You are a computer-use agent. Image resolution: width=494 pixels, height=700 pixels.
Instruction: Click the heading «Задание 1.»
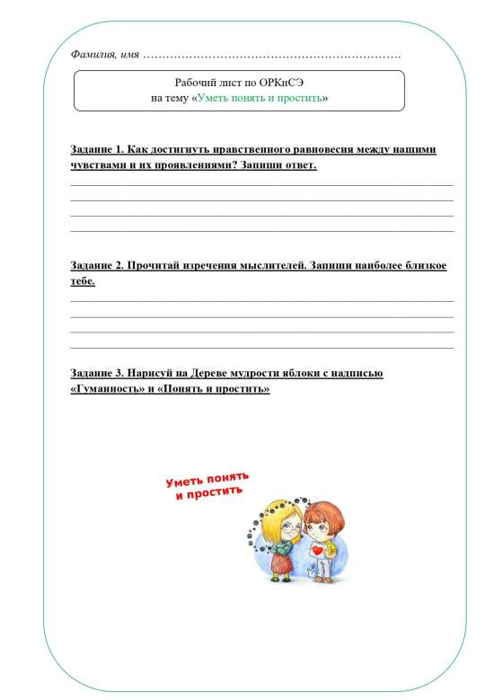(x=96, y=149)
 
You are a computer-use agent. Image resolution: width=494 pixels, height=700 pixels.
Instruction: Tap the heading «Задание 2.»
(x=96, y=266)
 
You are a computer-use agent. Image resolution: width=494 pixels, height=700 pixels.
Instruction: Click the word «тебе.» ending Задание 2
(x=83, y=281)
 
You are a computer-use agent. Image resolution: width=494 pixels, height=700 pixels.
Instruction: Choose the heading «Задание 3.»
(x=96, y=373)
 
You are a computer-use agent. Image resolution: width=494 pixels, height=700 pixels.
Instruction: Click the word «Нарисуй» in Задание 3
(x=150, y=373)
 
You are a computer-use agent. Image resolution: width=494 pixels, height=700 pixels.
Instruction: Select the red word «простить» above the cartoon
(x=219, y=492)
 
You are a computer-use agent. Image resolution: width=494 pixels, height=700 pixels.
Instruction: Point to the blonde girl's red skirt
(x=280, y=565)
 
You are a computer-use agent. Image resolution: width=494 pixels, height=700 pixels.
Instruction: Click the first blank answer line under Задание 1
(x=261, y=185)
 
